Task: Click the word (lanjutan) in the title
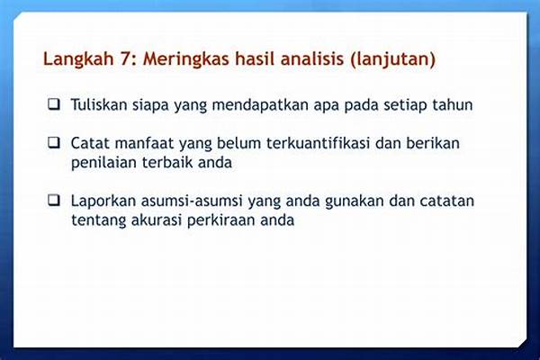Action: coord(386,60)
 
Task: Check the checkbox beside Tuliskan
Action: coord(55,104)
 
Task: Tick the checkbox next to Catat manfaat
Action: coord(55,143)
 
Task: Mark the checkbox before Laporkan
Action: coord(55,199)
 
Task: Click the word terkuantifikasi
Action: coord(312,142)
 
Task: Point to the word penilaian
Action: coord(103,162)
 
